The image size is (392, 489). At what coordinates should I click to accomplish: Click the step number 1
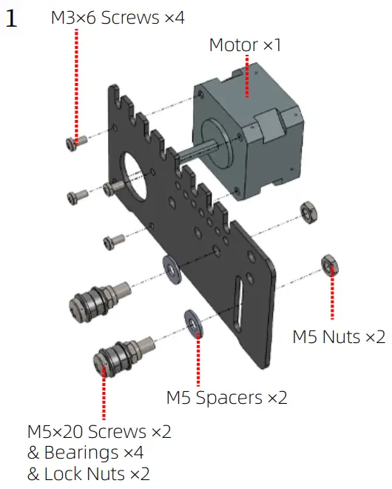(x=11, y=18)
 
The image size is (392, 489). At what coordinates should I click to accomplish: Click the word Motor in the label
(x=234, y=45)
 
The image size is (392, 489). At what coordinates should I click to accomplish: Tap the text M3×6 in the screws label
(x=73, y=18)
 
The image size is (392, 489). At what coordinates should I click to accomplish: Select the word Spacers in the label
(x=229, y=398)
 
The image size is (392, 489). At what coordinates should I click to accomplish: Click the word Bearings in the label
(x=81, y=453)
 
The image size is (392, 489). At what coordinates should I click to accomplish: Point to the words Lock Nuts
(x=85, y=474)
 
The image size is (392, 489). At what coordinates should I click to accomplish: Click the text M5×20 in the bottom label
(x=55, y=432)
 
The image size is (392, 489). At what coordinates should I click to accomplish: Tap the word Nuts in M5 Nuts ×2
(x=341, y=337)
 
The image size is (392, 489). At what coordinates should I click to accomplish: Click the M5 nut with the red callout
(x=330, y=266)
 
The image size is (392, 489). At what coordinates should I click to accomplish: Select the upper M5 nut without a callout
(x=308, y=212)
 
